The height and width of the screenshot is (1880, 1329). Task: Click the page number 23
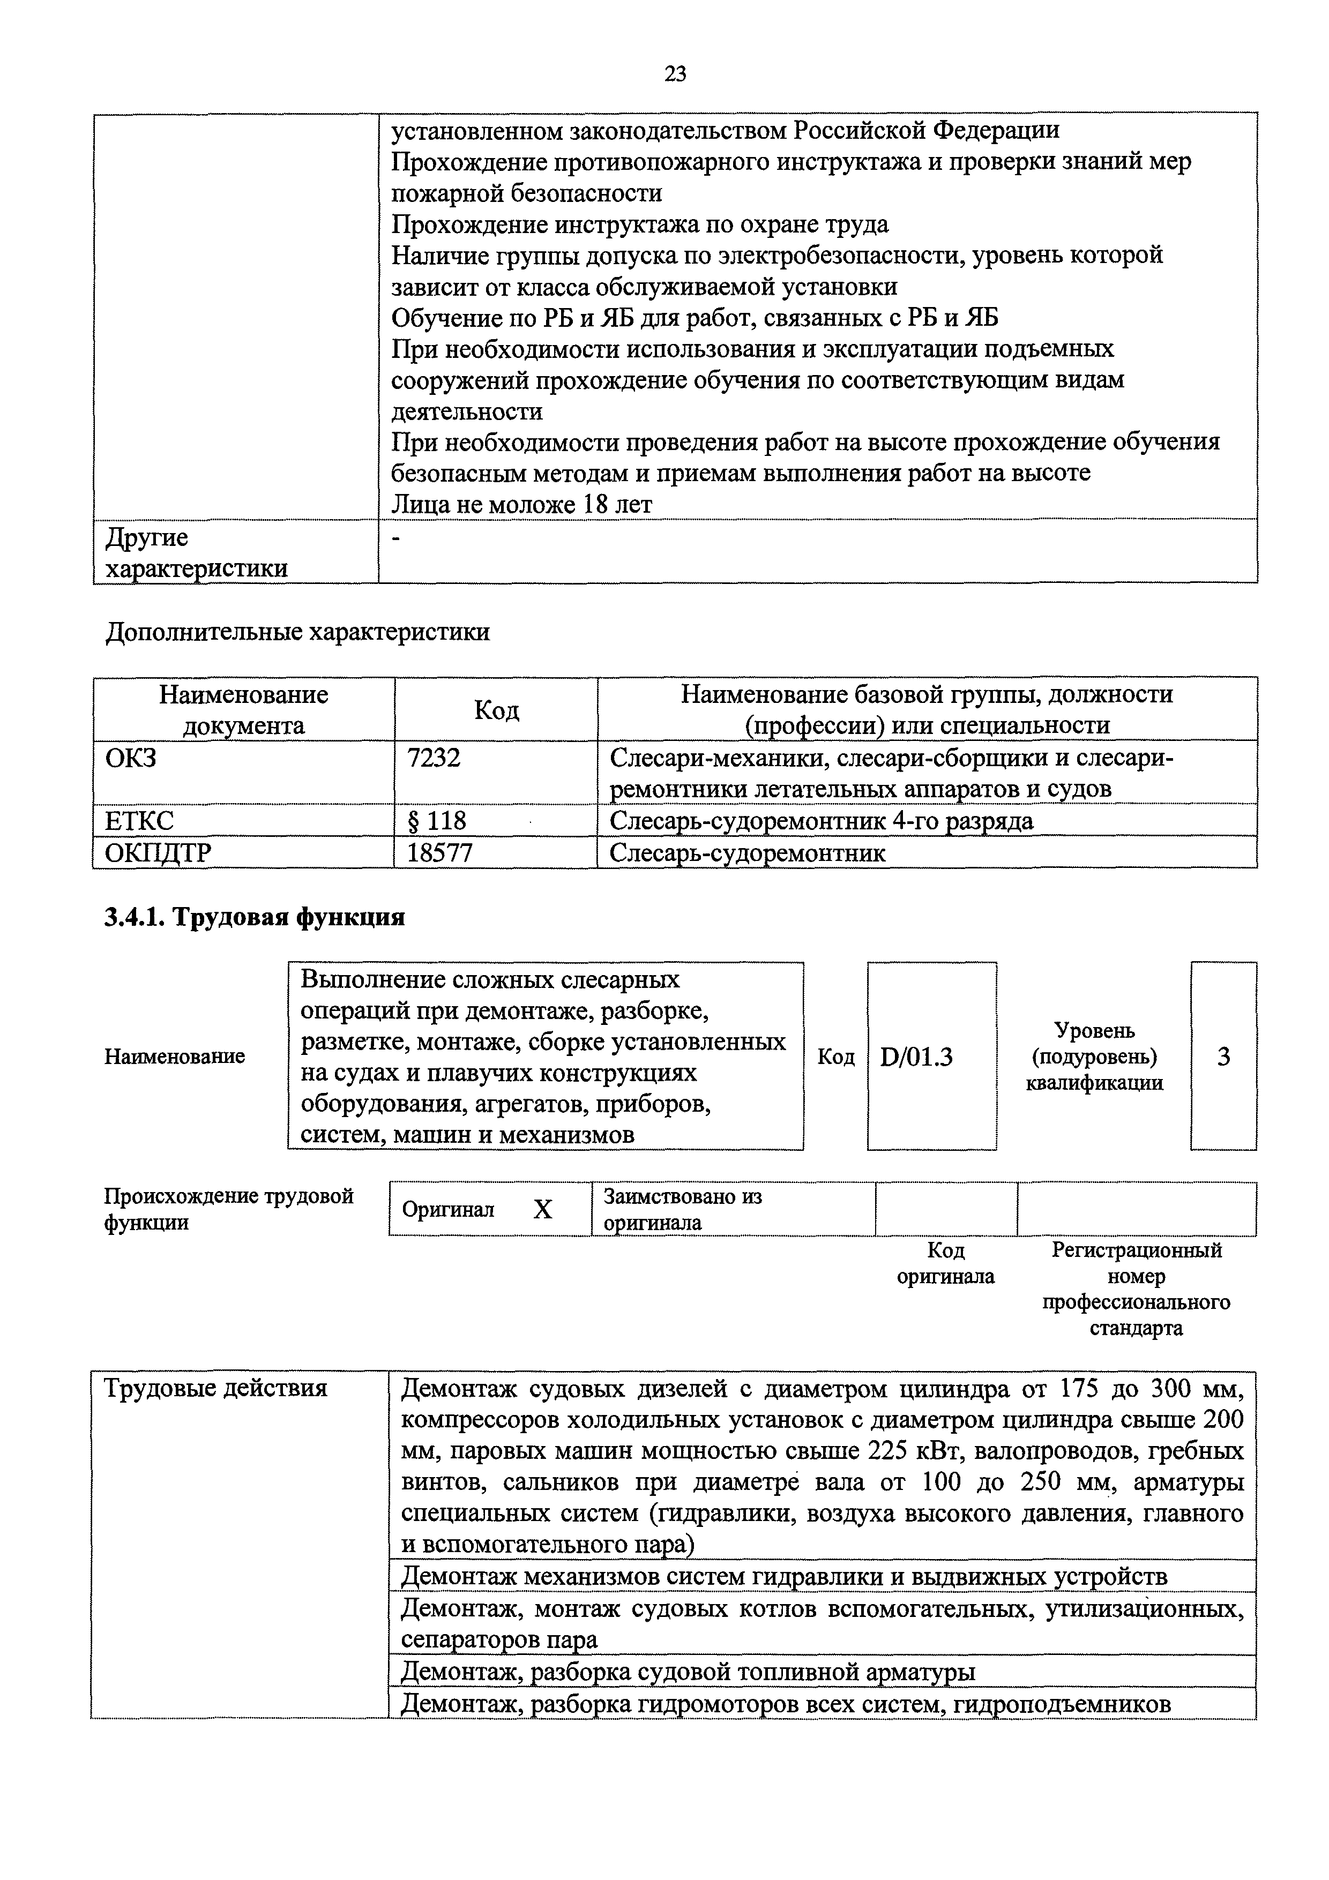click(676, 74)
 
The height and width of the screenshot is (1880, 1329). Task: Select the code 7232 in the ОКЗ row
click(434, 758)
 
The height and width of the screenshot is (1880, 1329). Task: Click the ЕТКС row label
click(139, 820)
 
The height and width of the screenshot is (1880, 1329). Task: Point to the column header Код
click(496, 710)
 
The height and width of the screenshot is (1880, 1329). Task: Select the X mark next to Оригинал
click(543, 1209)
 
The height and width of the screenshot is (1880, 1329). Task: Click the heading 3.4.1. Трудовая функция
click(255, 917)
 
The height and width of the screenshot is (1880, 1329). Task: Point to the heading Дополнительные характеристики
click(298, 632)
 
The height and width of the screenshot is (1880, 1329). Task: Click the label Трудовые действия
click(215, 1389)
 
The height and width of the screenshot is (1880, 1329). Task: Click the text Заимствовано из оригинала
click(682, 1209)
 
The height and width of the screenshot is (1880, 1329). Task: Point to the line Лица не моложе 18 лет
click(521, 504)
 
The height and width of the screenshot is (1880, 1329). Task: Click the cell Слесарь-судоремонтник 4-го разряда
click(822, 820)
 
